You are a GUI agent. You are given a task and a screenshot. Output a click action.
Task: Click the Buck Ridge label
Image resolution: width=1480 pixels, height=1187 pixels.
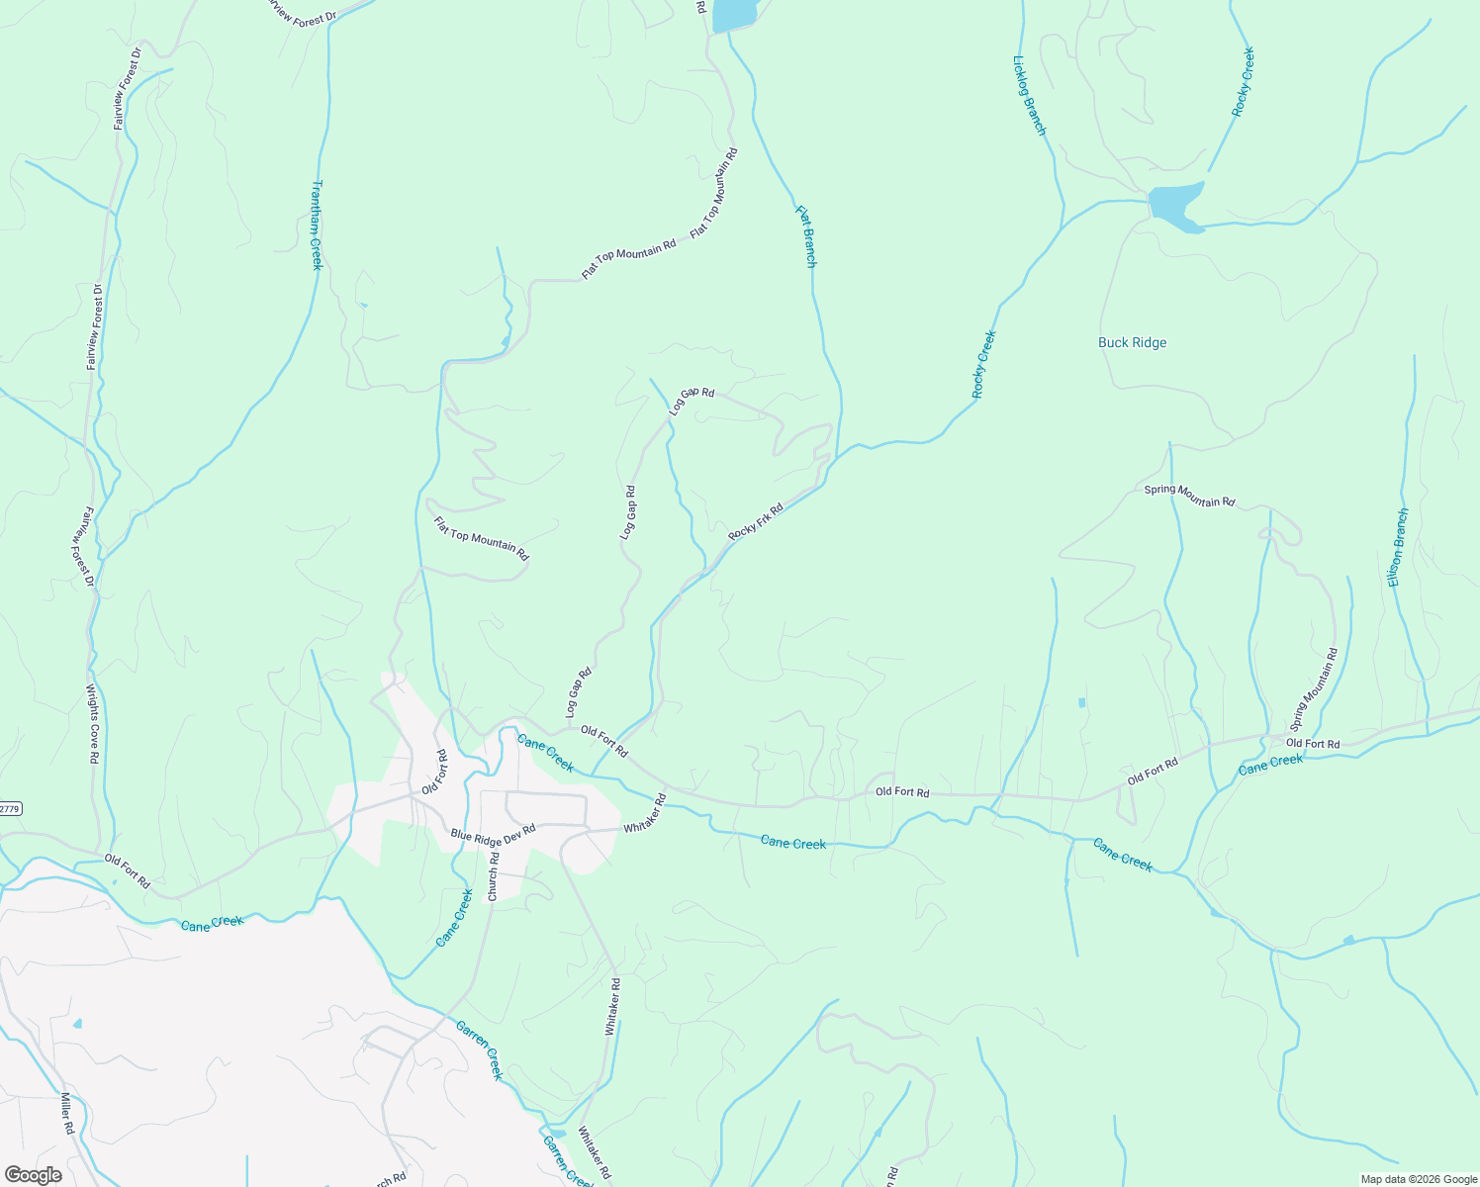pyautogui.click(x=1132, y=343)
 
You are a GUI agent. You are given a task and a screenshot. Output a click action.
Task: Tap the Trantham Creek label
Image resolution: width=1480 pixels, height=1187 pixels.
pyautogui.click(x=317, y=225)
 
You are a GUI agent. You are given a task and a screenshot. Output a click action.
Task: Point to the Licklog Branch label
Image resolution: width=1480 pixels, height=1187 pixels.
pyautogui.click(x=1029, y=95)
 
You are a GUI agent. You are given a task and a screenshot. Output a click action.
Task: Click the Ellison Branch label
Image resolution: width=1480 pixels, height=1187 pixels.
pyautogui.click(x=1397, y=547)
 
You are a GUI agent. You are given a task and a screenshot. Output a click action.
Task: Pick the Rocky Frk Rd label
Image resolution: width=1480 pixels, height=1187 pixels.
pyautogui.click(x=756, y=521)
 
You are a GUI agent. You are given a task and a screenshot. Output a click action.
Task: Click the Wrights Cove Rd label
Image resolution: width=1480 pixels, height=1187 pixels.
pyautogui.click(x=92, y=723)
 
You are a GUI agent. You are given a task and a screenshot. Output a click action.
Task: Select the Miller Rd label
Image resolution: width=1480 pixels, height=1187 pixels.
pyautogui.click(x=67, y=1114)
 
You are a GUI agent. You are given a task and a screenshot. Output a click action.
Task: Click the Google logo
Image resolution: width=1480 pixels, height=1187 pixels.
pyautogui.click(x=33, y=1175)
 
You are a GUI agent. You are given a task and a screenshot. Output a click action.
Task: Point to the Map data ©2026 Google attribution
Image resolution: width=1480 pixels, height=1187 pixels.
pyautogui.click(x=1417, y=1179)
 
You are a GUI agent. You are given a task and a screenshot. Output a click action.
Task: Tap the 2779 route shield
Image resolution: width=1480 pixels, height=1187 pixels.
pyautogui.click(x=9, y=808)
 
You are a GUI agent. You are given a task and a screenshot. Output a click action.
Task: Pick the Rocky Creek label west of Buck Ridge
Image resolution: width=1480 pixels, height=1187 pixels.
pyautogui.click(x=983, y=365)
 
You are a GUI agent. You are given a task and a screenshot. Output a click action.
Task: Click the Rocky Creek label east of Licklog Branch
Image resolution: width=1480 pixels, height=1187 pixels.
pyautogui.click(x=1243, y=82)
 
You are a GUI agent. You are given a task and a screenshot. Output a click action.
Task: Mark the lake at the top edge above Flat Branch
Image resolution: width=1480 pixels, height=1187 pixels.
pyautogui.click(x=734, y=14)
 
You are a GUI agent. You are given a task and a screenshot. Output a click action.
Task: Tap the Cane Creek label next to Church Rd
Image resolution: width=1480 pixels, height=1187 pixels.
pyautogui.click(x=455, y=917)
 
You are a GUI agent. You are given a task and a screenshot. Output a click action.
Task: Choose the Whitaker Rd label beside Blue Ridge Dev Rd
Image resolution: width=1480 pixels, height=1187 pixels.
pyautogui.click(x=645, y=813)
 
